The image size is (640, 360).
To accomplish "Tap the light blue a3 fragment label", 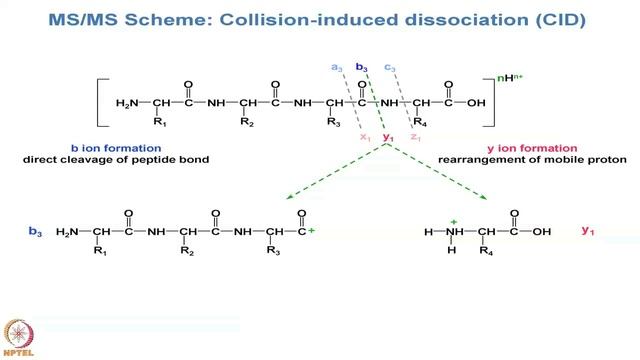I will [x=337, y=68].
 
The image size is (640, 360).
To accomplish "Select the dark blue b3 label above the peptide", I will [x=362, y=68].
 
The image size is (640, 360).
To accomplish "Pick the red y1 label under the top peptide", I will [x=388, y=136].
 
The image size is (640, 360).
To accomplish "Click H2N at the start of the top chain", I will [x=128, y=103].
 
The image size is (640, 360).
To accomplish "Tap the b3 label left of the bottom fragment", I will [x=35, y=232].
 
